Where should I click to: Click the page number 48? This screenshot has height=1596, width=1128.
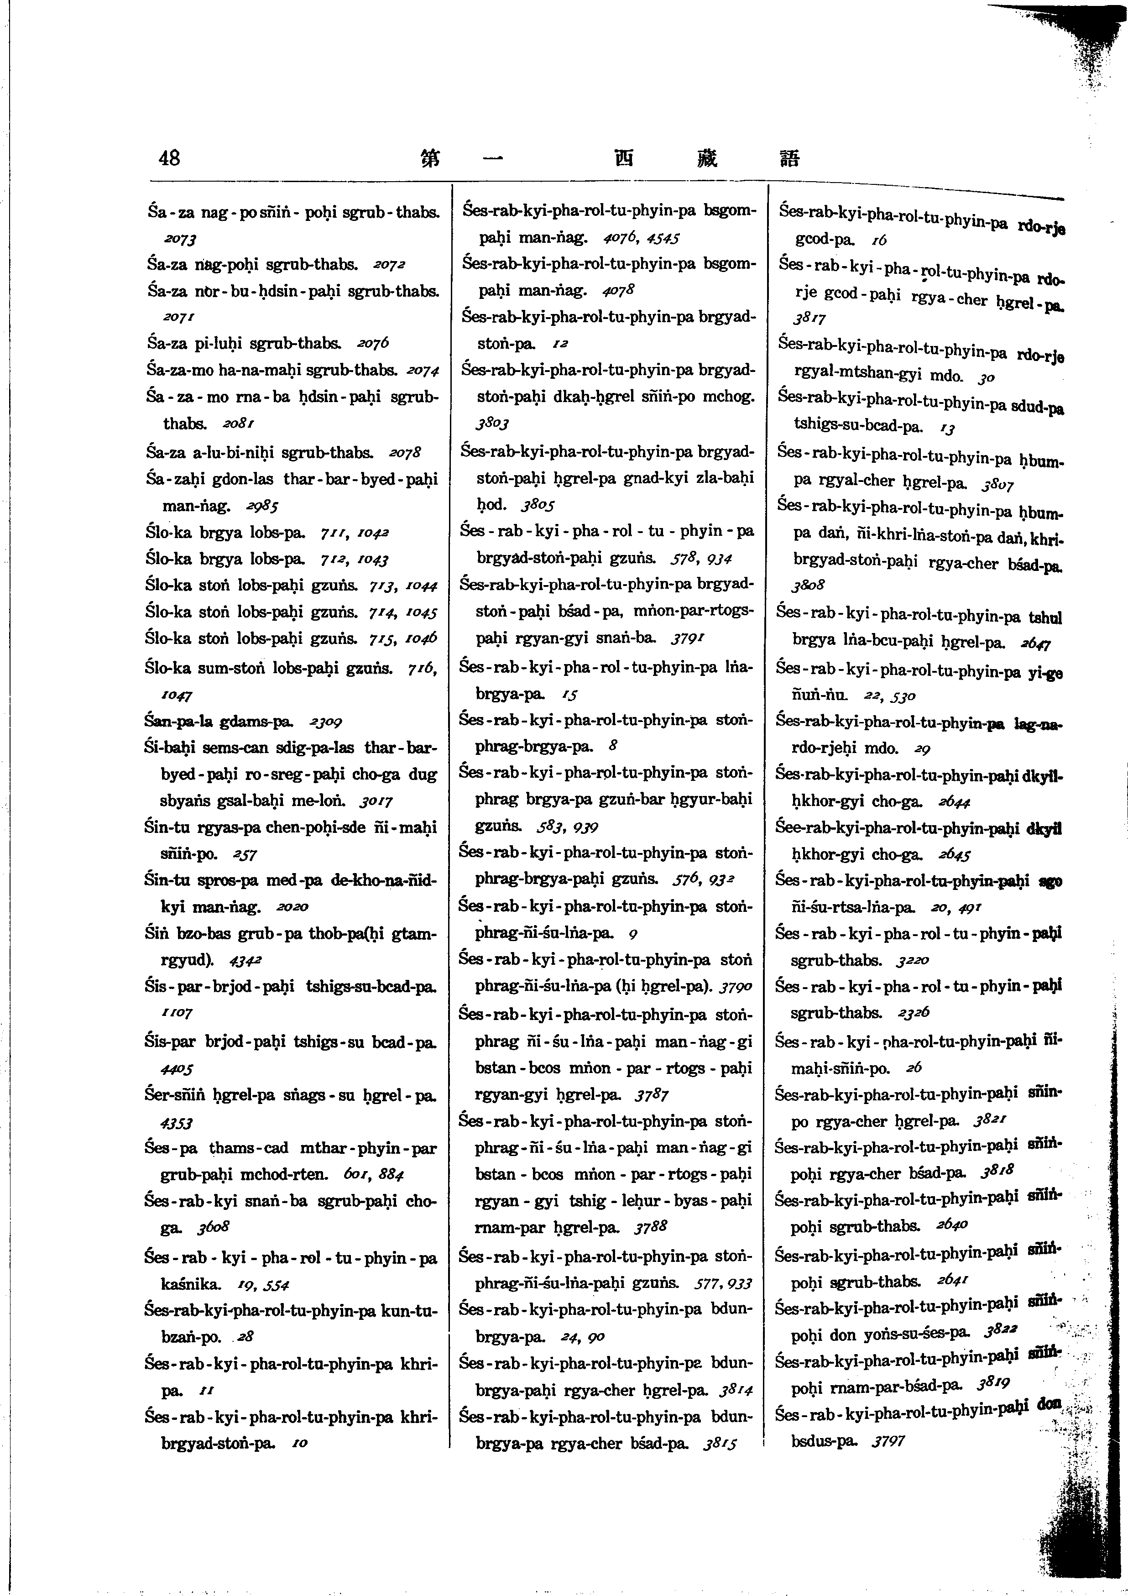click(169, 158)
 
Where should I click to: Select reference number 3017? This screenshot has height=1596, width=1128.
click(376, 801)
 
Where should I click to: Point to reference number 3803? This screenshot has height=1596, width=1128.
click(493, 423)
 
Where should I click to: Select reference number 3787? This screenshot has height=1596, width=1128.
click(651, 1095)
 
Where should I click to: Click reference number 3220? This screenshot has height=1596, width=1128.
click(913, 960)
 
